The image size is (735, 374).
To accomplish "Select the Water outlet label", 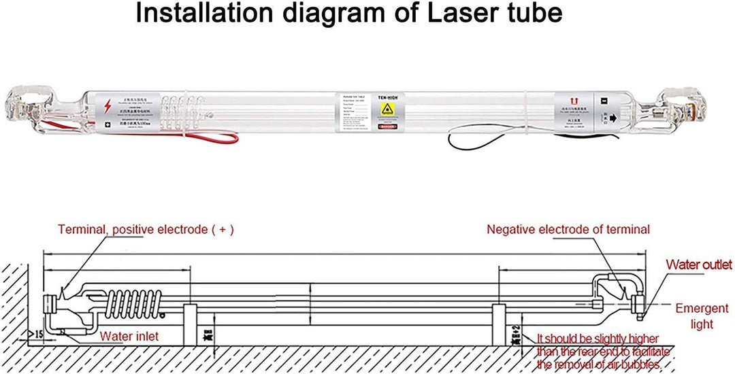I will click(x=698, y=265).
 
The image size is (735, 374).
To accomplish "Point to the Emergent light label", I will click(x=701, y=316).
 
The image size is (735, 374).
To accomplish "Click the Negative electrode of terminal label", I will click(x=568, y=229).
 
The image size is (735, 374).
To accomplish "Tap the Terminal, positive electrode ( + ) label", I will click(x=146, y=229).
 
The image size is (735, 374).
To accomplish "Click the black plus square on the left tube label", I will click(x=107, y=125).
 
